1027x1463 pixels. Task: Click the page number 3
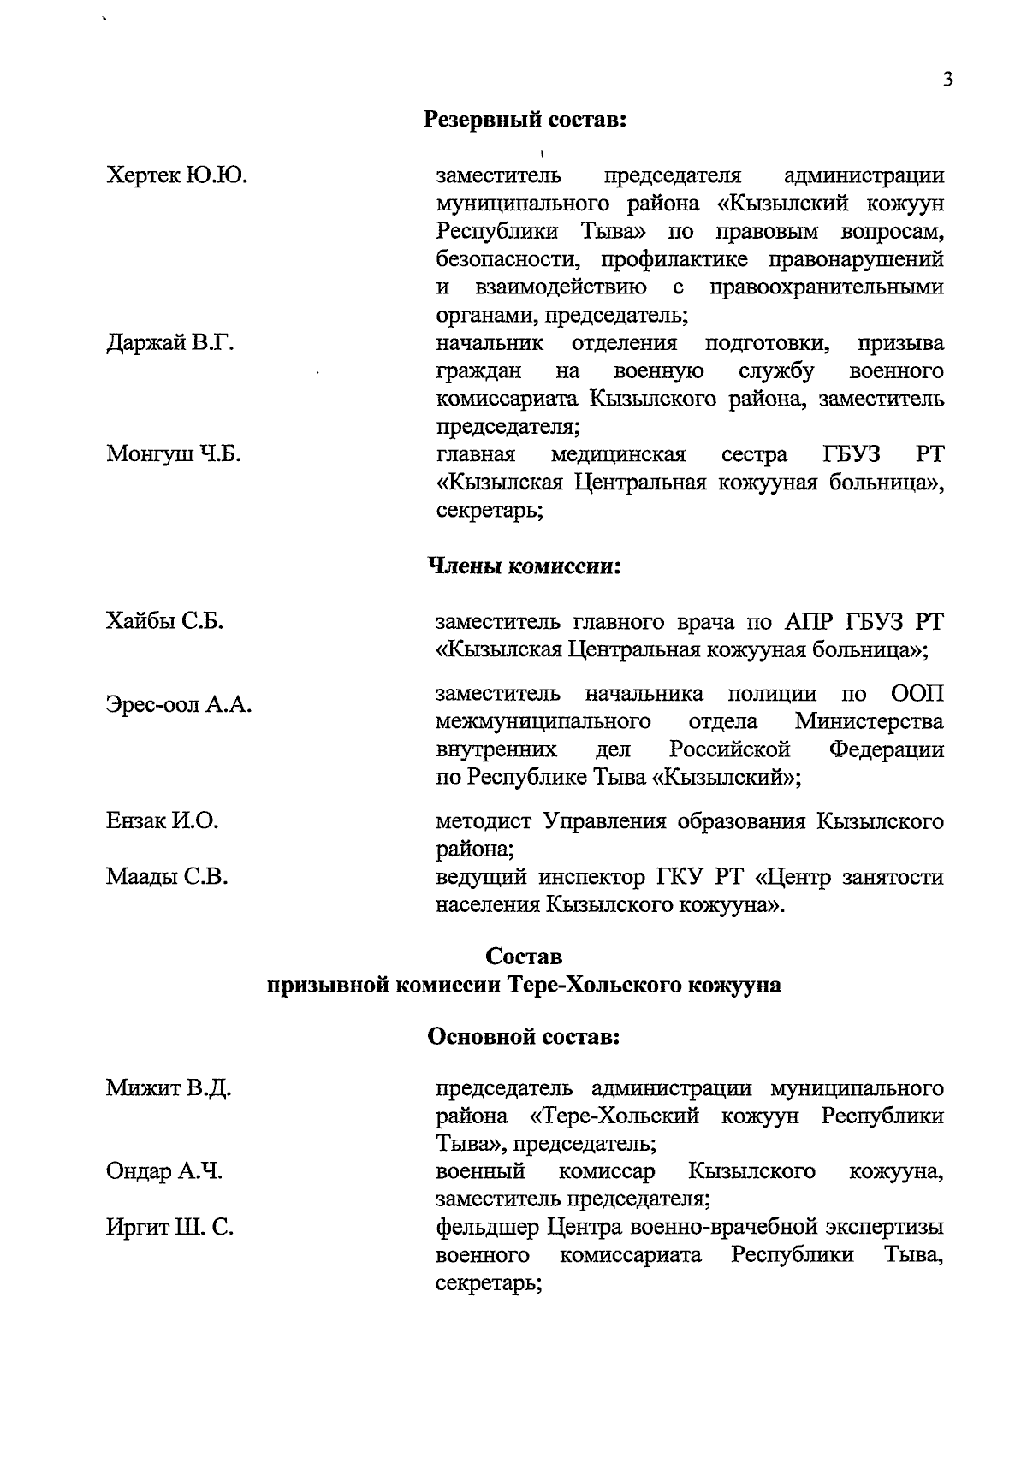[947, 80]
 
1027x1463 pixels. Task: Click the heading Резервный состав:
[525, 121]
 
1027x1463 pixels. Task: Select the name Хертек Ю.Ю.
[176, 175]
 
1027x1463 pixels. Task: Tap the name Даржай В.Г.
[169, 343]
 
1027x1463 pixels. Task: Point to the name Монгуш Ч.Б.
[173, 454]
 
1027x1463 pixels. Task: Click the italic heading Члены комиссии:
[524, 566]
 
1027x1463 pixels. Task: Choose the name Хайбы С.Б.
[164, 622]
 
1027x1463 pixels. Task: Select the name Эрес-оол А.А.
[178, 705]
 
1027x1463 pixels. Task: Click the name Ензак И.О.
[162, 821]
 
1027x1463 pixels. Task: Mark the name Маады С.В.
[166, 877]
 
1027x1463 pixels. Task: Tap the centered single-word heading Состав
[524, 956]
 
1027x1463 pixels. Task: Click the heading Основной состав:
[524, 1037]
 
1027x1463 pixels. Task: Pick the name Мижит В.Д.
[169, 1089]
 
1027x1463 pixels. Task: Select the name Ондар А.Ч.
[163, 1172]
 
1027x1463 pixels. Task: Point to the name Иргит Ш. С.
[169, 1229]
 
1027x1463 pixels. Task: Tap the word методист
[484, 822]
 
